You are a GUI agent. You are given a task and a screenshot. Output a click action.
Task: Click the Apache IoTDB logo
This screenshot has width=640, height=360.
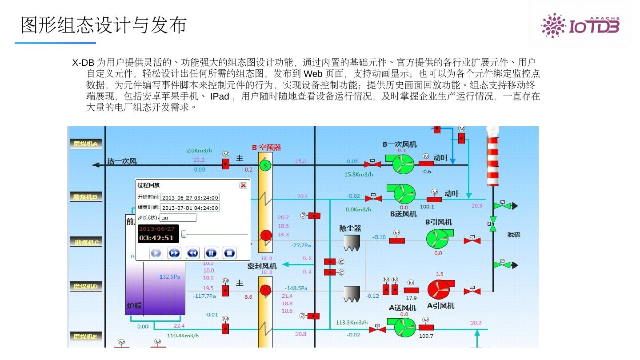point(580,25)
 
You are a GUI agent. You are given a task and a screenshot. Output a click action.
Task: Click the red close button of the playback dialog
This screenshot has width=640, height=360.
point(243,185)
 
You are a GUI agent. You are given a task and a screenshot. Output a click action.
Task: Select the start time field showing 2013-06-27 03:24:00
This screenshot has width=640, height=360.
point(190,197)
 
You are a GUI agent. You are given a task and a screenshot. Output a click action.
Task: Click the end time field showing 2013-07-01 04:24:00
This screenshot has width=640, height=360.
point(190,208)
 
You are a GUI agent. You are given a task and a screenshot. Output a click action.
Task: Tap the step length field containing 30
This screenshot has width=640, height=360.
point(178,218)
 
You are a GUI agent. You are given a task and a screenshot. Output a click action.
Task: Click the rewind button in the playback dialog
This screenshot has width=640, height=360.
point(192,253)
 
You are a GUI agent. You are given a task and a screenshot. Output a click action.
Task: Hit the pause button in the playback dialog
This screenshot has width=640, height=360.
point(211,253)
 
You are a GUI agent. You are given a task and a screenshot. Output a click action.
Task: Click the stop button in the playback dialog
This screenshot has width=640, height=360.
point(229,253)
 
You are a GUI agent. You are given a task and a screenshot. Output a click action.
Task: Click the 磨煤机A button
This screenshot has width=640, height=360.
point(86,144)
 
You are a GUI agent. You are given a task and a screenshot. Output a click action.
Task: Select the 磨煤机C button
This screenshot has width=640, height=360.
point(86,242)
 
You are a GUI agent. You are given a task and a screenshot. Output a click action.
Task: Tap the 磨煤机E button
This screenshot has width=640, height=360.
point(86,336)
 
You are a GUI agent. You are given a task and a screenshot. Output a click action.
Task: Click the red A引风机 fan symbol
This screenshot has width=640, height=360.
point(439,289)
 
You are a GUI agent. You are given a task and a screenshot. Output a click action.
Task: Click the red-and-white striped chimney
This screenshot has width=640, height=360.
point(492,160)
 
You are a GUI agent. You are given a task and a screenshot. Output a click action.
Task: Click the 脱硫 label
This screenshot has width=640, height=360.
point(514,235)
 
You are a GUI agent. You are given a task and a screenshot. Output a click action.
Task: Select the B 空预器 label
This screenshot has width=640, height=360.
point(266,148)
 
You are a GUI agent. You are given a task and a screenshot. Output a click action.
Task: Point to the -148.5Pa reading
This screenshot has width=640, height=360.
point(296,288)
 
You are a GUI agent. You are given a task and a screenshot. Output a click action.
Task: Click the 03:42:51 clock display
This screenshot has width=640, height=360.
point(156,238)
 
